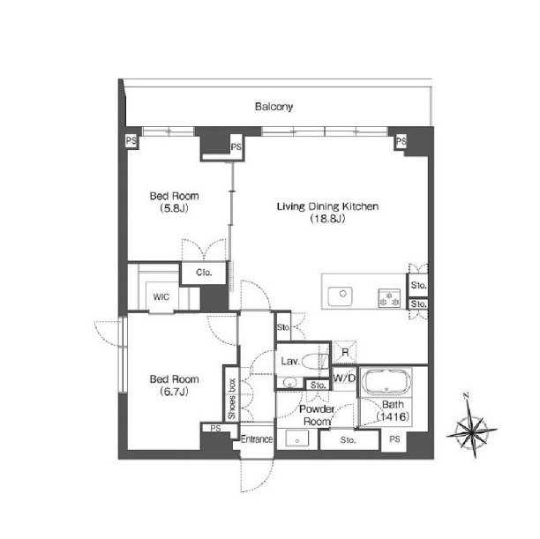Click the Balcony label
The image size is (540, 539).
(x=274, y=107)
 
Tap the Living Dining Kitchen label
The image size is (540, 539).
(x=327, y=206)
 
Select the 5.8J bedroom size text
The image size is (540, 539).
(x=174, y=208)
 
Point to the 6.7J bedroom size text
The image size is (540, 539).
(x=174, y=392)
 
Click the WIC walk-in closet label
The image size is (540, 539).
(x=161, y=297)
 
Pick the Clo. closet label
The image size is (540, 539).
(x=204, y=273)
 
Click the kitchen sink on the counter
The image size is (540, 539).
(x=340, y=296)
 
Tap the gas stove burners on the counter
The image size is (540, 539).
(x=389, y=298)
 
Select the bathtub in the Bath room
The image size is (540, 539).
(x=386, y=382)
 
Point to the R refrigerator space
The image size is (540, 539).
(x=345, y=352)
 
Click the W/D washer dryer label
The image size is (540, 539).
(x=344, y=378)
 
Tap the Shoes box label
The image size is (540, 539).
(x=232, y=399)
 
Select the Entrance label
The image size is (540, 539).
(x=257, y=439)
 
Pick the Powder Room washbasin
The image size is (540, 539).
(x=297, y=439)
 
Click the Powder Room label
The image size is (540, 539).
(x=317, y=415)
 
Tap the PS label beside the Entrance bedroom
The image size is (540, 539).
(x=215, y=428)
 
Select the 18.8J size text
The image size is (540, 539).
(x=327, y=219)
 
